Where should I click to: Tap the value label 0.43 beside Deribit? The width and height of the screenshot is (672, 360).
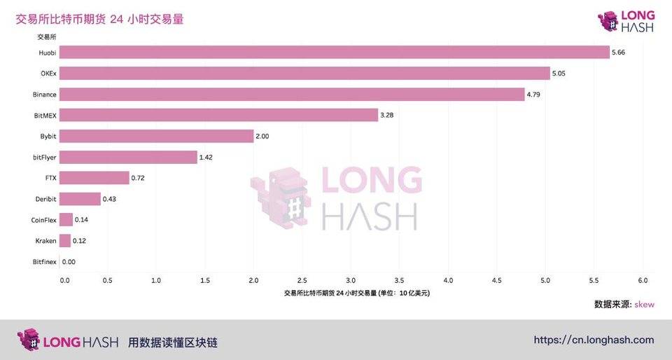click(x=110, y=199)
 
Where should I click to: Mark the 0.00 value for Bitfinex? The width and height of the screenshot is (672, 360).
click(x=69, y=262)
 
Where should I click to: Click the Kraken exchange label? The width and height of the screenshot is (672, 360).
click(x=45, y=241)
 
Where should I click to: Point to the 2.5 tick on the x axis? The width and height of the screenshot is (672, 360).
click(x=302, y=281)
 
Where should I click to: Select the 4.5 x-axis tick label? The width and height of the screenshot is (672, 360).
click(x=497, y=281)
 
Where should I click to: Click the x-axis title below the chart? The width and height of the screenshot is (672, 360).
click(x=357, y=293)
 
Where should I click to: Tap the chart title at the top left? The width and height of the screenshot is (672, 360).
click(x=99, y=20)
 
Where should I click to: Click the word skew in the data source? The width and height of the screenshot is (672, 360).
click(x=644, y=305)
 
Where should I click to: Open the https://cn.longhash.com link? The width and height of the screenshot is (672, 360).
click(x=594, y=340)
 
